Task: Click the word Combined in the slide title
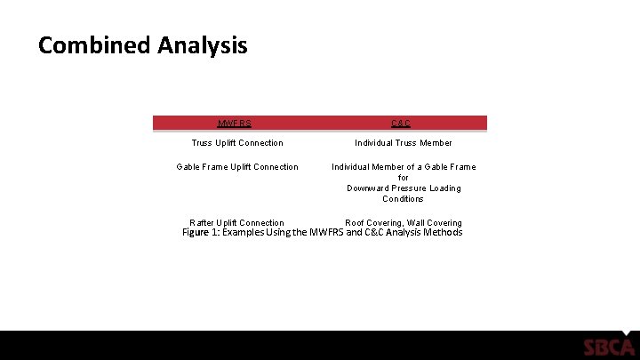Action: [94, 45]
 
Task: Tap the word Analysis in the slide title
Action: [203, 45]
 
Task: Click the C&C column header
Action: [401, 124]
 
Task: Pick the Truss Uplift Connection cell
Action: [237, 143]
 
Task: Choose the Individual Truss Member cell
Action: [404, 143]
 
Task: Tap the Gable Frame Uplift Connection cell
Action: [237, 167]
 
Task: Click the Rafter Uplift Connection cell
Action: [237, 223]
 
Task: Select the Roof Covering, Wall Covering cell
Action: [404, 223]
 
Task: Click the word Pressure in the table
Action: [412, 188]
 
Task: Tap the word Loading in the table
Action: [446, 188]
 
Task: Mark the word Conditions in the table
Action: [404, 199]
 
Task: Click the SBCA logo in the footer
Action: [609, 347]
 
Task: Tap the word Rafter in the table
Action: [203, 223]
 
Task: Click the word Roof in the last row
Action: [356, 223]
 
